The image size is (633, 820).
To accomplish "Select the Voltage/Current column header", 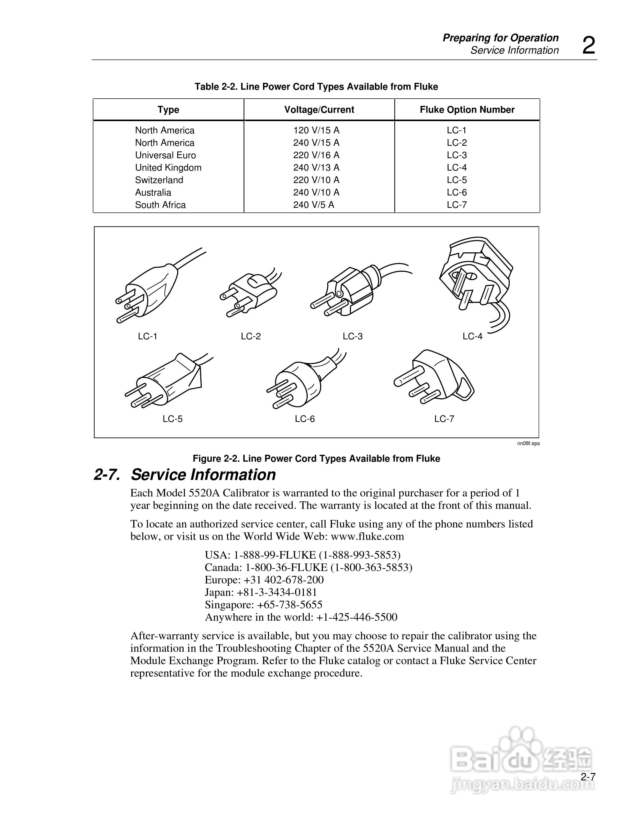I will [319, 110].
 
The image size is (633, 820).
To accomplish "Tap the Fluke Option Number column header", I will [467, 110].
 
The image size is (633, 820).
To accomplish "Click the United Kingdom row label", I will [168, 167].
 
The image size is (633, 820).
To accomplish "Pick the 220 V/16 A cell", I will [316, 155].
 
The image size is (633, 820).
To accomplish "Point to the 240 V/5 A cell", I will [313, 205].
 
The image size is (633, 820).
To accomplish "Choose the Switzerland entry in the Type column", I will [159, 180].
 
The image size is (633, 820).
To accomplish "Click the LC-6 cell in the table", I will [456, 192].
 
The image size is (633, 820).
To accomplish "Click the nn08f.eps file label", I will [528, 443].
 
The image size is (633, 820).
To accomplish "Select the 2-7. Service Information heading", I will [185, 474].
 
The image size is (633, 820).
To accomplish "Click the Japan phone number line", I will [261, 592].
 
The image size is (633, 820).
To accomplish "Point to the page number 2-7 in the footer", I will [588, 777].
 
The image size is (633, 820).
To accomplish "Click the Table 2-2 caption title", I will [316, 87].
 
